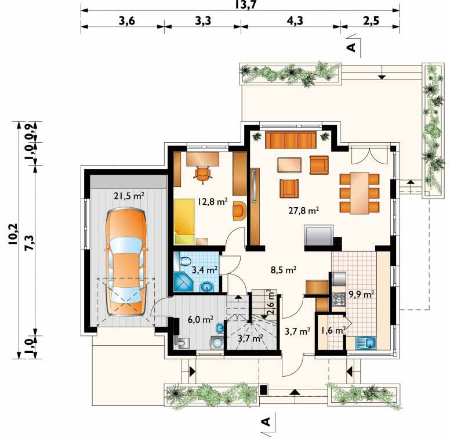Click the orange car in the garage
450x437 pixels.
pyautogui.click(x=125, y=262)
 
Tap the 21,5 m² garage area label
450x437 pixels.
pyautogui.click(x=129, y=196)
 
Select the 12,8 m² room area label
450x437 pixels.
pyautogui.click(x=212, y=201)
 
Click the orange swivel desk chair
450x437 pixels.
pyautogui.click(x=203, y=174)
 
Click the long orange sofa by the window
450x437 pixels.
pyautogui.click(x=291, y=140)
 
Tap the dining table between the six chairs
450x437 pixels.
pyautogui.click(x=360, y=193)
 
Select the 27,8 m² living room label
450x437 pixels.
pyautogui.click(x=304, y=211)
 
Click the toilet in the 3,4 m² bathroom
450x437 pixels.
pyautogui.click(x=185, y=262)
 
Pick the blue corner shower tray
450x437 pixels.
pyautogui.click(x=184, y=281)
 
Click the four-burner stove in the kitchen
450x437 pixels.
pyautogui.click(x=339, y=299)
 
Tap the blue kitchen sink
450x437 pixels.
pyautogui.click(x=366, y=343)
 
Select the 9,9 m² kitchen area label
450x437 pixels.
pyautogui.click(x=361, y=294)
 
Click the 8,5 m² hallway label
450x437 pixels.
pyautogui.click(x=283, y=270)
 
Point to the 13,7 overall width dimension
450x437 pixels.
pyautogui.click(x=245, y=4)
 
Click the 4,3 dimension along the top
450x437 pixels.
pyautogui.click(x=295, y=21)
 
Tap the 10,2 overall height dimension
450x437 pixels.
pyautogui.click(x=13, y=234)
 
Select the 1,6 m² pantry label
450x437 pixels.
pyautogui.click(x=333, y=331)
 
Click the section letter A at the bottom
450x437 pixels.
pyautogui.click(x=266, y=421)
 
